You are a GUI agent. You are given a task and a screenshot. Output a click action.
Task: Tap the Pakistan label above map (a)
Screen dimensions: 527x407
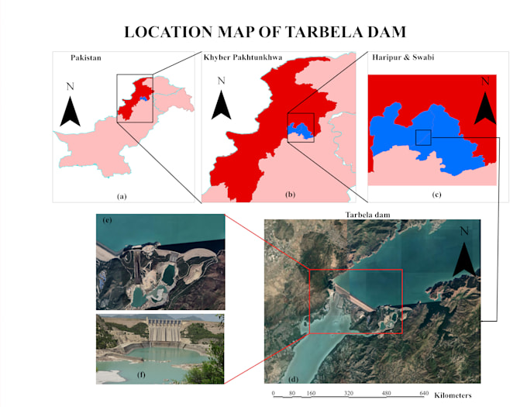[x=85, y=58]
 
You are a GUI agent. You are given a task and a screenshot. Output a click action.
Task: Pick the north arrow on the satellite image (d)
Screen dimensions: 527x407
[x=464, y=252]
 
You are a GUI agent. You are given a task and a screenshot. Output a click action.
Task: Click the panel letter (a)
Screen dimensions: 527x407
[x=121, y=197]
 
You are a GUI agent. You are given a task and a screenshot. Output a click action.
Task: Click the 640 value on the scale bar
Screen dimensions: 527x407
[x=423, y=394]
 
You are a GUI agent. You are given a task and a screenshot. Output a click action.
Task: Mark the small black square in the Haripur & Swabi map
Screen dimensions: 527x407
[x=423, y=137]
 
